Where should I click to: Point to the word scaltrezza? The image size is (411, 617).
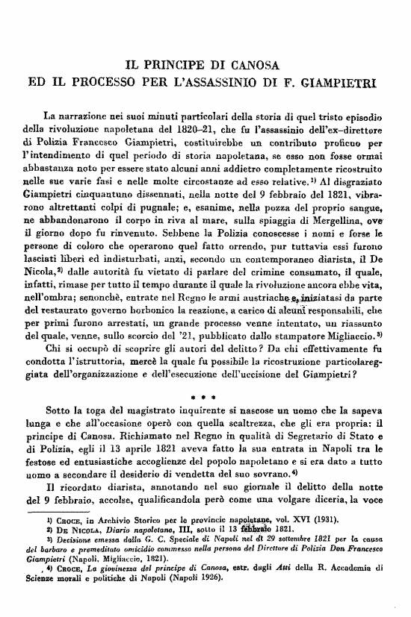[x=262, y=422]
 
